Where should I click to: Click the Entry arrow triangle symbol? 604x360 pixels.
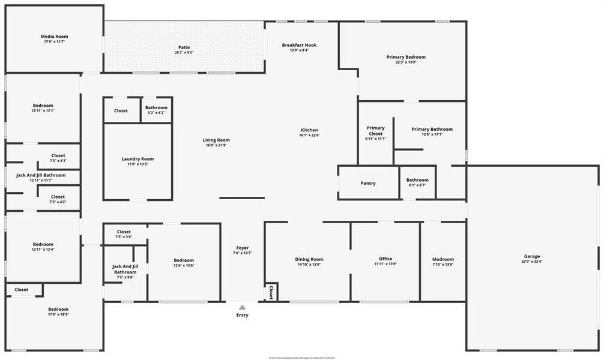[x=242, y=307]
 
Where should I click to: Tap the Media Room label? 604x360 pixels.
[x=55, y=37]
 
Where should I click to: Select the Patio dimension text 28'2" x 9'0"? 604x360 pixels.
[x=184, y=53]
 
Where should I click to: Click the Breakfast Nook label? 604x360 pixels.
[x=299, y=45]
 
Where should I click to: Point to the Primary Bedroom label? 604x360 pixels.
[x=406, y=57]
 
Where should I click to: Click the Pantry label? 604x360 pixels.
[x=368, y=183]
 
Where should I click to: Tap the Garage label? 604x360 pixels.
[x=532, y=256]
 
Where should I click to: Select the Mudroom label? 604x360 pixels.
[x=443, y=259]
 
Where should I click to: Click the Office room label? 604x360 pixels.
[x=385, y=259]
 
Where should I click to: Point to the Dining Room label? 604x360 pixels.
[x=309, y=259]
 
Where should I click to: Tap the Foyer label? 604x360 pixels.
[x=242, y=248]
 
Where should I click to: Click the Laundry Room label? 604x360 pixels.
[x=137, y=159]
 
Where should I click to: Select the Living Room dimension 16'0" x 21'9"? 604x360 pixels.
[x=216, y=145]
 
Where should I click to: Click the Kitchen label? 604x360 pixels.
[x=309, y=130]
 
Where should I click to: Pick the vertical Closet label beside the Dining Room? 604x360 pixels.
[x=271, y=292]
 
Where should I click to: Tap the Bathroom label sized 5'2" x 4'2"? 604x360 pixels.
[x=156, y=107]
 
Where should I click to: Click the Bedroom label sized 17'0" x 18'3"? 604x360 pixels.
[x=59, y=309]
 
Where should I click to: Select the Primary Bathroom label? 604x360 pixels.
[x=432, y=129]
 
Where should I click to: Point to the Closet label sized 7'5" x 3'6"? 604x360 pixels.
[x=124, y=232]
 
